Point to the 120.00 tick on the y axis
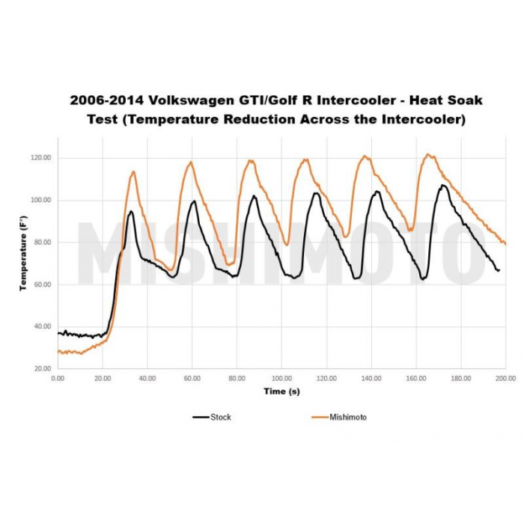click(40, 158)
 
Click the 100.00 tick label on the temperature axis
click(40, 201)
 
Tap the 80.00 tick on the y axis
click(42, 243)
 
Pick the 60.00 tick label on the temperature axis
click(42, 284)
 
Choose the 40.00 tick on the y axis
click(42, 327)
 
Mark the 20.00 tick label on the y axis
click(42, 369)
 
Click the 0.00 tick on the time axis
click(58, 379)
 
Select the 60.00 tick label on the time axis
click(192, 379)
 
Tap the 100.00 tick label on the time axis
click(281, 379)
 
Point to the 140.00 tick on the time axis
click(371, 379)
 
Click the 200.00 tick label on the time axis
click(505, 379)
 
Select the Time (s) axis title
click(281, 392)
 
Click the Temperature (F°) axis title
click(24, 253)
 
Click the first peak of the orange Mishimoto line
click(133, 171)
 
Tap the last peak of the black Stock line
click(443, 185)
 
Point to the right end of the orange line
click(506, 244)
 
